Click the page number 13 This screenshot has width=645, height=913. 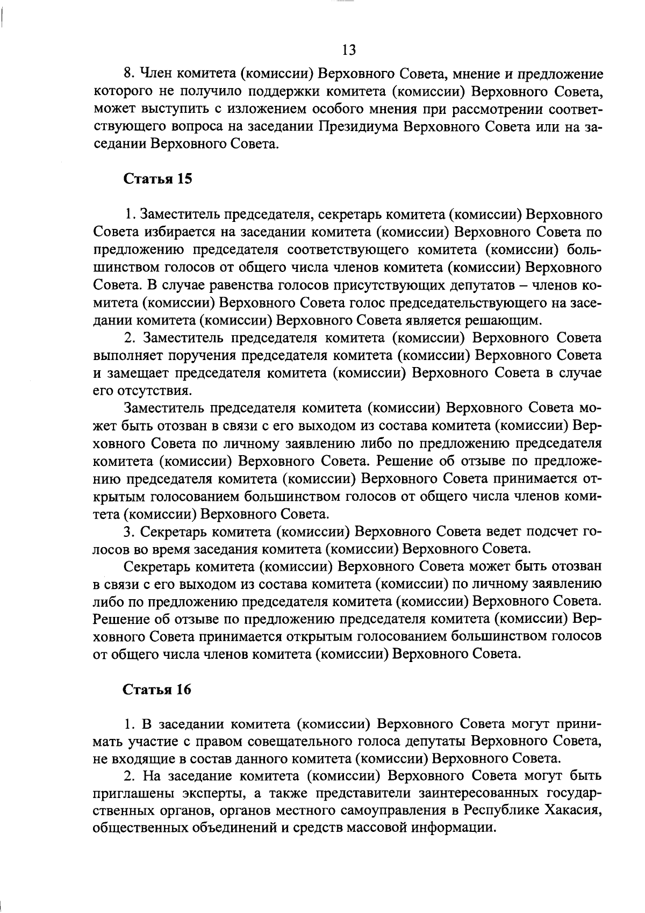coord(348,50)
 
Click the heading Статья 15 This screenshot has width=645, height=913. coord(158,179)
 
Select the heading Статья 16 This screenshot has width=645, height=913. coord(158,689)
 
